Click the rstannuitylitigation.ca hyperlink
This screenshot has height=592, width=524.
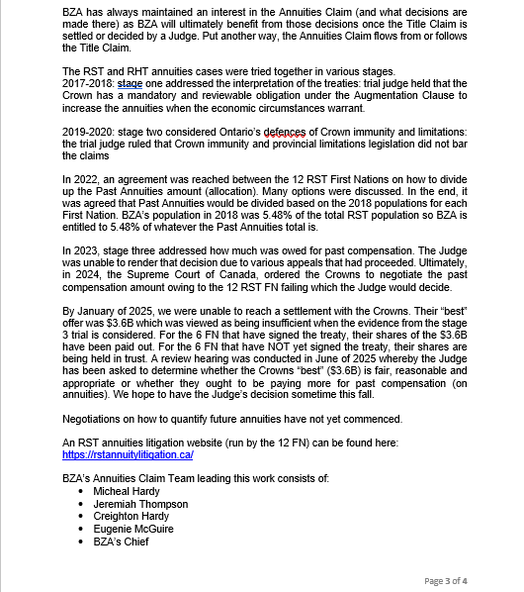(127, 454)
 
